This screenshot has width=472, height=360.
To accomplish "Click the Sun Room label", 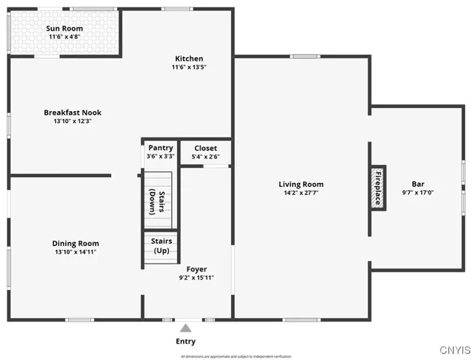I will (x=65, y=28).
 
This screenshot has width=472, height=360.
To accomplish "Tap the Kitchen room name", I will (x=189, y=58).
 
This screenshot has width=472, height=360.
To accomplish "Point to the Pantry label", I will (x=161, y=148).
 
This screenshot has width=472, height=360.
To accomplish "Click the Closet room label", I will (x=205, y=148).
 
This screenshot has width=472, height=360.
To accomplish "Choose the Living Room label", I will (x=301, y=184).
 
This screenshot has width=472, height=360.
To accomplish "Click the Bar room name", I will (x=418, y=184).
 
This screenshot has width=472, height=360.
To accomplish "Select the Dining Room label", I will (x=75, y=243).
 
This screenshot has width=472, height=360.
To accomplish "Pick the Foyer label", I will (x=197, y=269).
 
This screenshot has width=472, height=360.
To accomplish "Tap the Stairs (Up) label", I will (x=161, y=245).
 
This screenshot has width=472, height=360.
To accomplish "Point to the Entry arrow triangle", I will (x=185, y=328).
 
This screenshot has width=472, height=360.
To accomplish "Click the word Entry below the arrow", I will (x=185, y=341).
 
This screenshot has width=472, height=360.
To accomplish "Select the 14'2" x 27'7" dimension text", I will (x=301, y=193).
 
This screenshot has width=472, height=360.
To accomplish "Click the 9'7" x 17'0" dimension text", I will (x=418, y=193).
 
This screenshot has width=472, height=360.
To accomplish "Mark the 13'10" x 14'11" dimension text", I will (x=75, y=252).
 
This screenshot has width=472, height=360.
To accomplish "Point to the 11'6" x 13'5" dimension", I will (x=189, y=67).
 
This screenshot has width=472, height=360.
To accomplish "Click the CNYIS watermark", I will (x=455, y=349).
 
